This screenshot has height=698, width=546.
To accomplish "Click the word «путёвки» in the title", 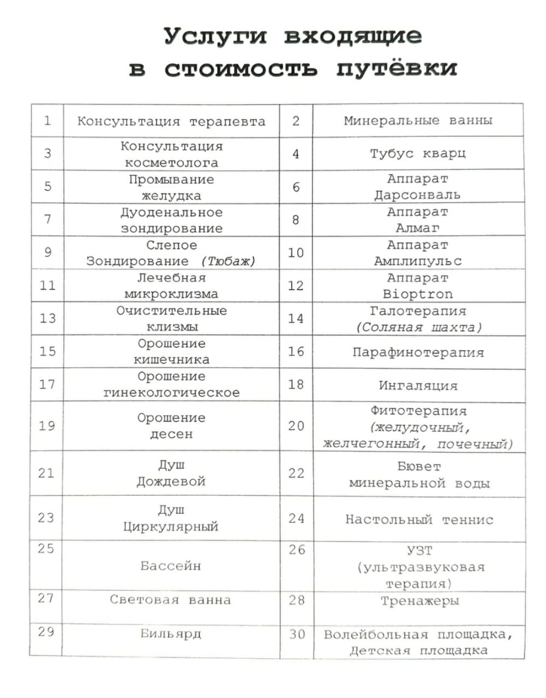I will pyautogui.click(x=397, y=69).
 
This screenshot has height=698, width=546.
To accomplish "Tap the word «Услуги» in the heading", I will pyautogui.click(x=216, y=37).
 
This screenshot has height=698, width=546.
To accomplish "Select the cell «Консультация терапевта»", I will pyautogui.click(x=171, y=121).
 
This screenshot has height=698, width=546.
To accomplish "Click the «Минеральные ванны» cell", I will pyautogui.click(x=418, y=121).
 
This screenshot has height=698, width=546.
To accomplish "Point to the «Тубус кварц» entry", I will pyautogui.click(x=418, y=154).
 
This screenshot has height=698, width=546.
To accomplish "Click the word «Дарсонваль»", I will pyautogui.click(x=417, y=195).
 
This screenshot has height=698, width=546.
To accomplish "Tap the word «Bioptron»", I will pyautogui.click(x=418, y=294).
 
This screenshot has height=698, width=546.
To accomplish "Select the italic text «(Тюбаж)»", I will pyautogui.click(x=228, y=261).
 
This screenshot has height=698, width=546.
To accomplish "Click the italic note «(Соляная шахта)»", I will pyautogui.click(x=419, y=327).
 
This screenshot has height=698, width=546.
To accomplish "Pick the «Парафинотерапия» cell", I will pyautogui.click(x=418, y=352).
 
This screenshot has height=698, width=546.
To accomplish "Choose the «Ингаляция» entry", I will pyautogui.click(x=418, y=386).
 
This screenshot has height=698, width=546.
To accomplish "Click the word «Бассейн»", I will pyautogui.click(x=171, y=565).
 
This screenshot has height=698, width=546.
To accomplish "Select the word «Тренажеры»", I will pyautogui.click(x=419, y=601).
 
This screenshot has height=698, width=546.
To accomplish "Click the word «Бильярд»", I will pyautogui.click(x=171, y=633).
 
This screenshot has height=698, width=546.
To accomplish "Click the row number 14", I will pyautogui.click(x=296, y=318).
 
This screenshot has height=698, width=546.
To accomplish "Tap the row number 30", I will pyautogui.click(x=297, y=634).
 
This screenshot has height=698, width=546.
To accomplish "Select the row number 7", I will pyautogui.click(x=48, y=219).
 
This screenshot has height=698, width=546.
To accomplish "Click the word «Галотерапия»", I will pyautogui.click(x=418, y=311).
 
